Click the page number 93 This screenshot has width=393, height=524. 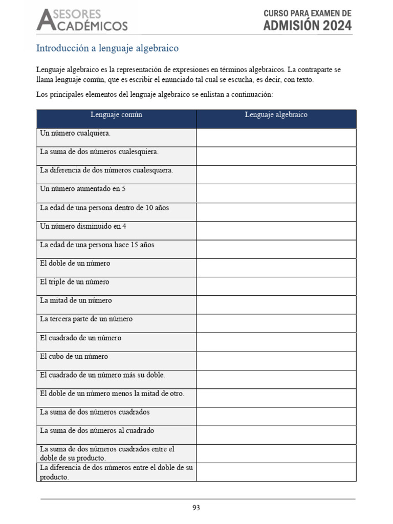196,508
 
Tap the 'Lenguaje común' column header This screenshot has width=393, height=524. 116,115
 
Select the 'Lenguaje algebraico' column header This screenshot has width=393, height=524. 276,115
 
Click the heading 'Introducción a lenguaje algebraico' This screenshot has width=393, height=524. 107,49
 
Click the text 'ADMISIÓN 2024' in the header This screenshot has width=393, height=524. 308,26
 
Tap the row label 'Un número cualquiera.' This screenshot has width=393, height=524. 75,134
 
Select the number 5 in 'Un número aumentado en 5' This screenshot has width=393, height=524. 124,189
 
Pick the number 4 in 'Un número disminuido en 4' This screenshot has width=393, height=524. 124,226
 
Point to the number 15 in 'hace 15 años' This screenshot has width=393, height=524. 135,245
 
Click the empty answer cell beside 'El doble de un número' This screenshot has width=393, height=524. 276,268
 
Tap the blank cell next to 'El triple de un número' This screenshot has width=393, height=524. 276,286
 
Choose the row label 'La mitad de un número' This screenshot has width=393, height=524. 76,300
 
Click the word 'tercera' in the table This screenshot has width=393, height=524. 62,319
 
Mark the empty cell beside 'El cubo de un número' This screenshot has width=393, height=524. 276,361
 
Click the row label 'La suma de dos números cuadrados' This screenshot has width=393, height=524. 95,412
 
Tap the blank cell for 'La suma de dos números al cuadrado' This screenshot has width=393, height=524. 276,435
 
